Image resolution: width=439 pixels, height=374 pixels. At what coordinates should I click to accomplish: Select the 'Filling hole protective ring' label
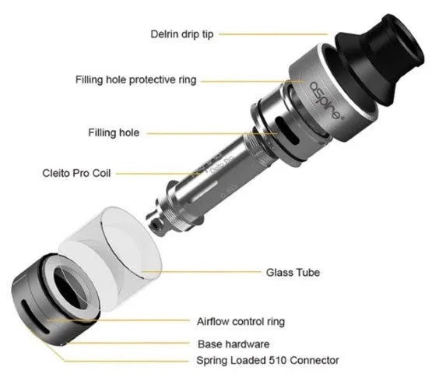pyautogui.click(x=136, y=79)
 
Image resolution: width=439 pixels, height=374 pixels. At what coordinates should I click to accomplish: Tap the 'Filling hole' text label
pyautogui.click(x=114, y=132)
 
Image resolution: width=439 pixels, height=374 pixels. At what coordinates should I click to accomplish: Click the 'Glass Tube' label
pyautogui.click(x=293, y=272)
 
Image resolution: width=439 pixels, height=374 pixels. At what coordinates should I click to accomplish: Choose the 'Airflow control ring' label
pyautogui.click(x=241, y=320)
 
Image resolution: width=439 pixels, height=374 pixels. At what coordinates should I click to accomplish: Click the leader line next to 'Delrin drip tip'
pyautogui.click(x=272, y=34)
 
